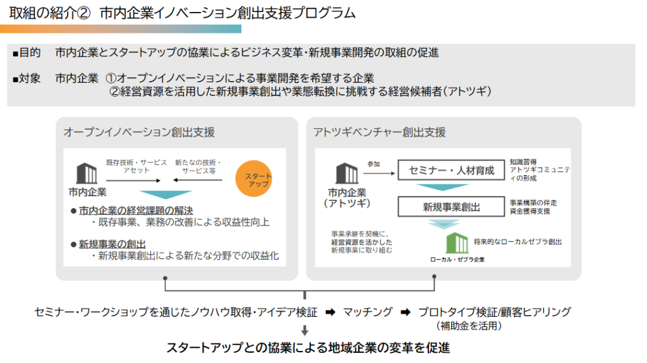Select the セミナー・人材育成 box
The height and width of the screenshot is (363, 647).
tap(451, 170)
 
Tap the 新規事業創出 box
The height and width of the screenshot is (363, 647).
tap(451, 207)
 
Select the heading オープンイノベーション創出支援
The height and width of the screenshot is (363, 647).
tap(139, 132)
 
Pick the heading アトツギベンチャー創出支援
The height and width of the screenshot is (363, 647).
tap(380, 132)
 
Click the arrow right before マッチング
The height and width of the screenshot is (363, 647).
tap(330, 312)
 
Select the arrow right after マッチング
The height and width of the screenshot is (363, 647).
tap(406, 312)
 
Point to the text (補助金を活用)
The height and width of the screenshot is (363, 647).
tap(468, 326)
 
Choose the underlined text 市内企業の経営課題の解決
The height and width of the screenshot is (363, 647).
tap(136, 210)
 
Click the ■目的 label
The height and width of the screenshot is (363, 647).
tap(27, 52)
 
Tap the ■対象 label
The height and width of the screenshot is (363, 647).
tap(27, 78)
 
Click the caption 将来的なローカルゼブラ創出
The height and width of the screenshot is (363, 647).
tap(517, 242)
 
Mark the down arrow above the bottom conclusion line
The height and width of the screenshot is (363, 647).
tap(305, 330)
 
